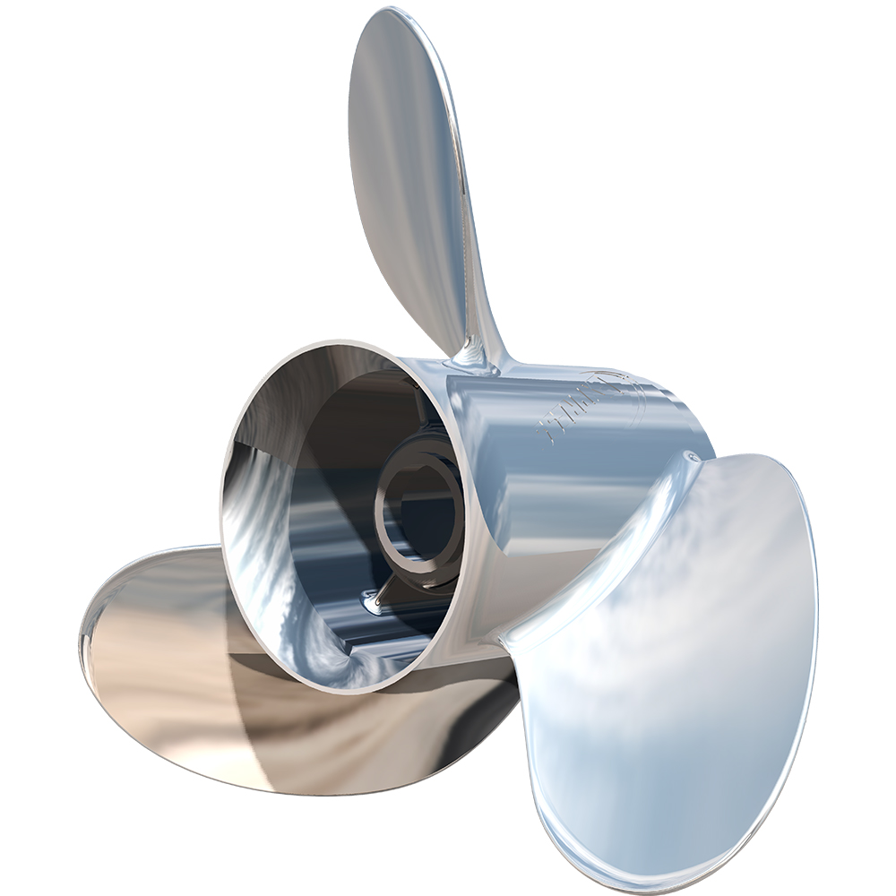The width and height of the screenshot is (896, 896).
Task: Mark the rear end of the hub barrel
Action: click(699, 421)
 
